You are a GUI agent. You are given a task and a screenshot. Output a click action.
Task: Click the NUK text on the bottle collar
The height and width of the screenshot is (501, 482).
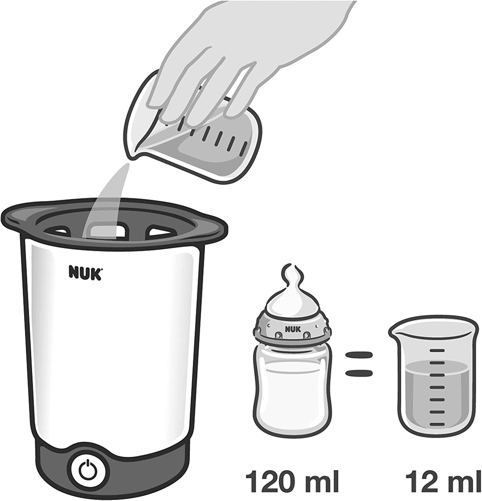click(293, 329)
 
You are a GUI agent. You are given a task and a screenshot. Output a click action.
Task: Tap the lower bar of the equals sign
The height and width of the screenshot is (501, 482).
click(358, 373)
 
